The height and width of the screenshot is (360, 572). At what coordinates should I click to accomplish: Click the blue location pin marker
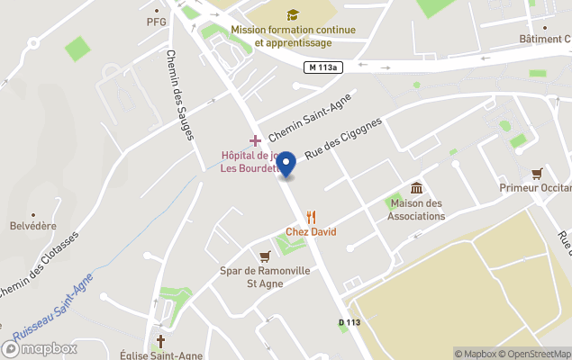[286, 165]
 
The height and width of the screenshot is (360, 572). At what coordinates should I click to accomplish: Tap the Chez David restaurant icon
[312, 216]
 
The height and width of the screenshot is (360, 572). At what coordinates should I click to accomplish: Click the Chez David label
[311, 232]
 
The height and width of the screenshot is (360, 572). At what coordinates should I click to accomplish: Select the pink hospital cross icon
[256, 140]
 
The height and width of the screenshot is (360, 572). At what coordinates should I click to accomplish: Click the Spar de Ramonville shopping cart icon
[264, 256]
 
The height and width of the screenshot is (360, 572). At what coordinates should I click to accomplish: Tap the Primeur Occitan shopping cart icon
[538, 173]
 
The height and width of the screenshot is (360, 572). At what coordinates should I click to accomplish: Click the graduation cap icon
[293, 14]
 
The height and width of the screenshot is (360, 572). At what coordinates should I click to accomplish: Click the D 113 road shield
[350, 321]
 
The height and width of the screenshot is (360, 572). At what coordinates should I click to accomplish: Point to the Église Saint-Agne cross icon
[161, 341]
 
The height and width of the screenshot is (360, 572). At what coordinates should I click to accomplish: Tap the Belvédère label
[33, 228]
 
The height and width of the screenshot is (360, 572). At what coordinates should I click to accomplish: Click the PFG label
[156, 22]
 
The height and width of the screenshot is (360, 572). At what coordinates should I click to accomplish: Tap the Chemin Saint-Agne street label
[308, 121]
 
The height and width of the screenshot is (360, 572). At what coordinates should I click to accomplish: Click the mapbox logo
[40, 348]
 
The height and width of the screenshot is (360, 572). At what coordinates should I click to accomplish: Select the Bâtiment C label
[544, 39]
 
